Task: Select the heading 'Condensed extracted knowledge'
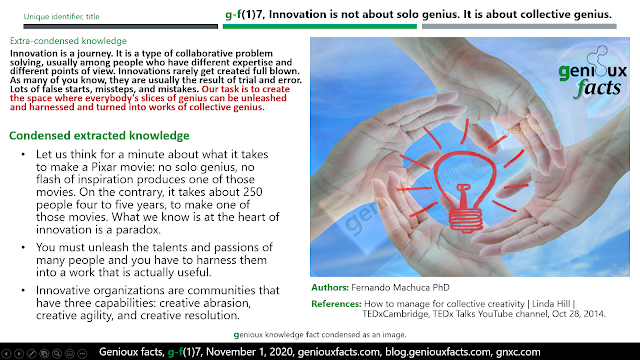(99, 136)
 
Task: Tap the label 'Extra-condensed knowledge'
(68, 41)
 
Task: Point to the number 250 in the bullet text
(253, 192)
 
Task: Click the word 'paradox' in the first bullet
(138, 230)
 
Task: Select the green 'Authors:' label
(330, 287)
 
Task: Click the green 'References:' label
(336, 304)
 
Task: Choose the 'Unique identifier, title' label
(61, 17)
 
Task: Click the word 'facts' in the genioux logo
(598, 88)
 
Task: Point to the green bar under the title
(320, 27)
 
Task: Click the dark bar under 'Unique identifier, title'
(120, 27)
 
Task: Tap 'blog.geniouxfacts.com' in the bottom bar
(438, 352)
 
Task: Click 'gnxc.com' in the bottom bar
(518, 352)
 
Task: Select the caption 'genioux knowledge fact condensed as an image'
(320, 335)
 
